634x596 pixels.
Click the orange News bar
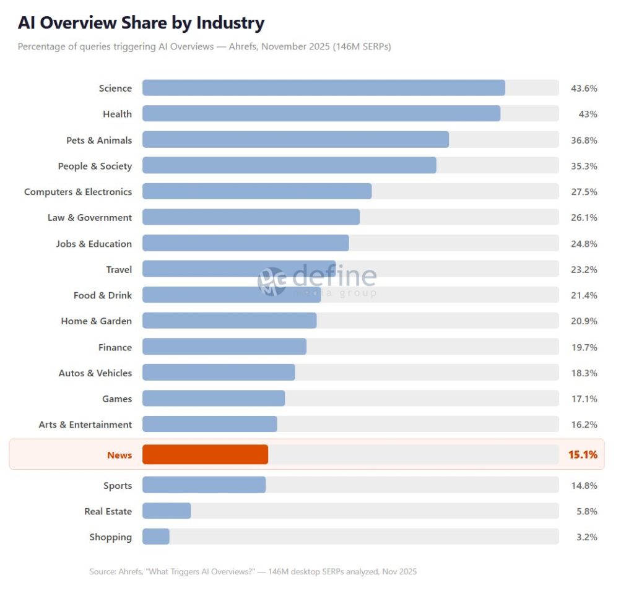coord(205,454)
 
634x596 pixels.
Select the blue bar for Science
coord(323,88)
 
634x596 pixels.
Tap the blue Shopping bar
coord(156,537)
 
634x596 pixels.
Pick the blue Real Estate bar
coord(167,511)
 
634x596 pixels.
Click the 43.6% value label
coord(583,89)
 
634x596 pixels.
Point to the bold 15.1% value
coord(583,455)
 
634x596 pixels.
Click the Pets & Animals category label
coord(99,140)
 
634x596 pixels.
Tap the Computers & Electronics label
coord(78,192)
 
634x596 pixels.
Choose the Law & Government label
coord(90,218)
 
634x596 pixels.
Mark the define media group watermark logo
coord(317,281)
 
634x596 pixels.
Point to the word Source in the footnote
coord(103,571)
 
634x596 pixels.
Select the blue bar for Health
coord(321,114)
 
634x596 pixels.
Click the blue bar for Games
coord(214,399)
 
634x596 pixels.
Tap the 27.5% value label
coord(583,192)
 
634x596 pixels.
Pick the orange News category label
coord(119,455)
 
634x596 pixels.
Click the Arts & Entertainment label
coord(85,425)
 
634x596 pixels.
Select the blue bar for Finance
coord(224,347)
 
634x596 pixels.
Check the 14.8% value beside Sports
coord(583,485)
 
